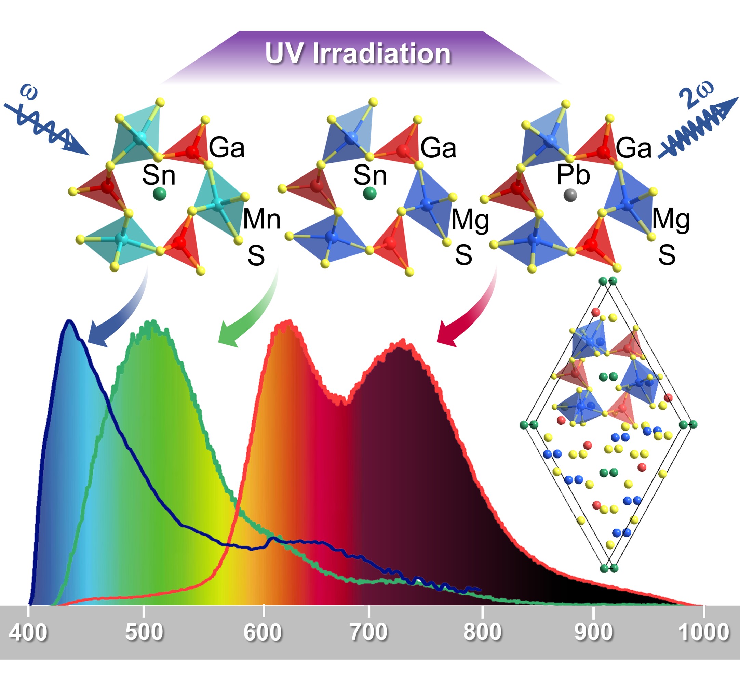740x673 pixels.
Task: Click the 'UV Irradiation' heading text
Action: pyautogui.click(x=358, y=54)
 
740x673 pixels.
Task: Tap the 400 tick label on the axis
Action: pyautogui.click(x=28, y=632)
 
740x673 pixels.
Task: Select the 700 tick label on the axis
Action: pyautogui.click(x=368, y=632)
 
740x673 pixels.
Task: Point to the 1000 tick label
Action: pyautogui.click(x=703, y=632)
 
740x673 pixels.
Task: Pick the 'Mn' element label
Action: pyautogui.click(x=261, y=219)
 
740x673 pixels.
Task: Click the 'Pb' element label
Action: pyautogui.click(x=573, y=175)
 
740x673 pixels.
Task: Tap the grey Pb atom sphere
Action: pyautogui.click(x=570, y=195)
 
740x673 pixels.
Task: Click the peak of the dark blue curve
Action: pyautogui.click(x=69, y=322)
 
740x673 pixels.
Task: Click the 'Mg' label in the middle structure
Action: pyautogui.click(x=470, y=220)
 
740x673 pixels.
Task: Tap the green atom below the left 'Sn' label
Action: pyautogui.click(x=159, y=194)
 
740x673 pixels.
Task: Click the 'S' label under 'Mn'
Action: pyautogui.click(x=256, y=255)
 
